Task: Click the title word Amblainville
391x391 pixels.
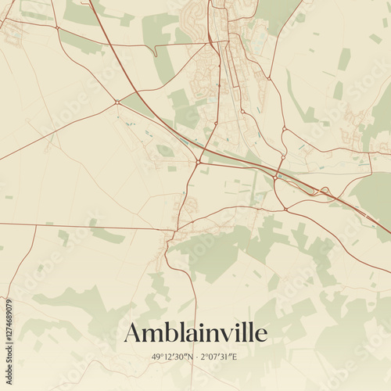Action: [195, 332]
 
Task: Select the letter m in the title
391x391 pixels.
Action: [152, 335]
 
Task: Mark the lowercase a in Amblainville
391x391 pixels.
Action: [190, 335]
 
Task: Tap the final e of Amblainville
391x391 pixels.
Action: [261, 335]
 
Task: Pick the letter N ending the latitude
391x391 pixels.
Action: [188, 357]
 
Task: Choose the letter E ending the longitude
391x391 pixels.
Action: [235, 357]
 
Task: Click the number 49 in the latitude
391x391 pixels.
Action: [159, 357]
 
